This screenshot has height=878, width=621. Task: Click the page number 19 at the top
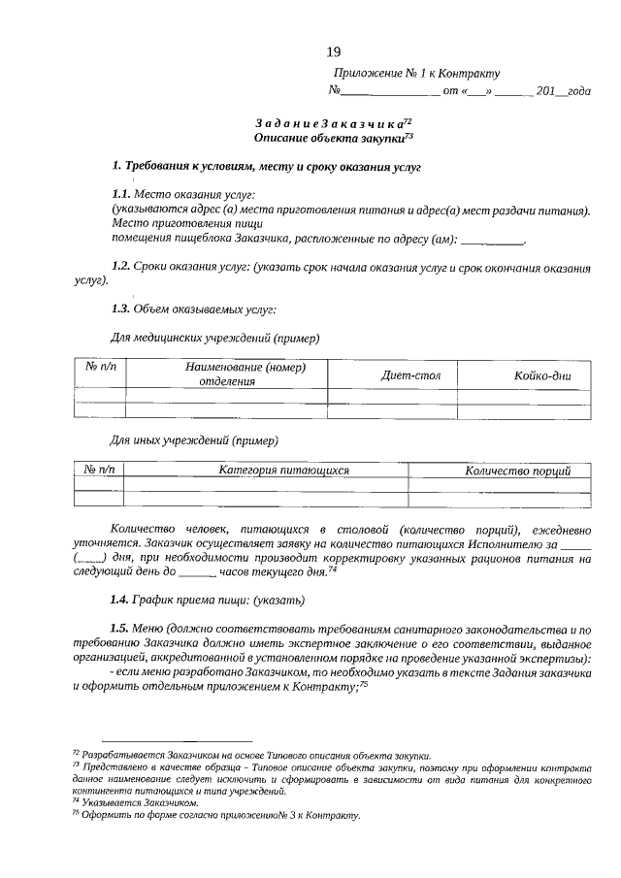tap(333, 51)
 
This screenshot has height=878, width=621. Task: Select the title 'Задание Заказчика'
tap(330, 123)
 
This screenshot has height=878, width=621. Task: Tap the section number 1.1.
tap(121, 194)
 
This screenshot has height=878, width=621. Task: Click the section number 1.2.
tap(121, 265)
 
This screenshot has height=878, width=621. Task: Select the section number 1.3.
tap(121, 309)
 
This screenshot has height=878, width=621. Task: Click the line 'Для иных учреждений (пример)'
tap(195, 440)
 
